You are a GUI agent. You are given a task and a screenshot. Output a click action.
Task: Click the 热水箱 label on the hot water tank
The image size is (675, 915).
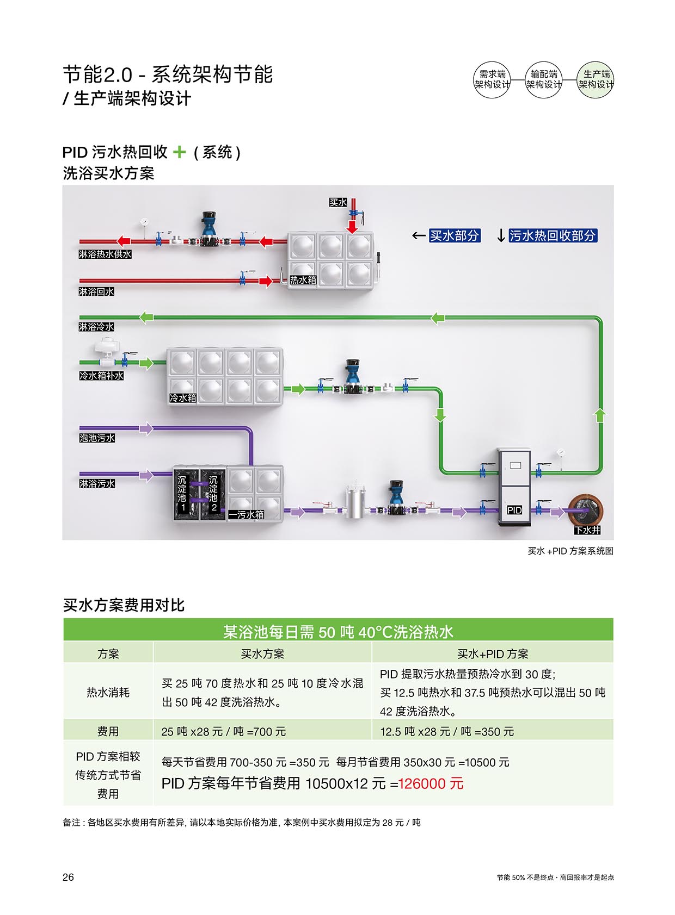click(303, 280)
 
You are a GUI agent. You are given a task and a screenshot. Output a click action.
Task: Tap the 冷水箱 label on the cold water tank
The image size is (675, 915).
click(182, 398)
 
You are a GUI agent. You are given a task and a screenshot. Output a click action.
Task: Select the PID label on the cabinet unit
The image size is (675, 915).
click(514, 510)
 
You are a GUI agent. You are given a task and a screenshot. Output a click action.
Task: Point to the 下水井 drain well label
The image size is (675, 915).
click(587, 530)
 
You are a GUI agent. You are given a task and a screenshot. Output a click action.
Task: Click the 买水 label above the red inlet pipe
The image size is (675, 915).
click(337, 202)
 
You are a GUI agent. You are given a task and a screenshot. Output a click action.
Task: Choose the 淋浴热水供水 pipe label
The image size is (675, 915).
click(105, 254)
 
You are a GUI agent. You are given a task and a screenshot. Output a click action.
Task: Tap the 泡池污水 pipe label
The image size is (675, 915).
click(97, 438)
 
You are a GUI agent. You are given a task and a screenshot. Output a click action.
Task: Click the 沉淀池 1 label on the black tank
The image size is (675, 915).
click(182, 494)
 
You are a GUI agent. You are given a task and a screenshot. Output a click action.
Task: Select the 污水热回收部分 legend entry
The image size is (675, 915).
click(553, 235)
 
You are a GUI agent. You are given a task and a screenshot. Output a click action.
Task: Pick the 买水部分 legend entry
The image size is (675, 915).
click(455, 235)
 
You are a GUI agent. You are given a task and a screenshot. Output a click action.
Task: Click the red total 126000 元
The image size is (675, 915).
click(431, 783)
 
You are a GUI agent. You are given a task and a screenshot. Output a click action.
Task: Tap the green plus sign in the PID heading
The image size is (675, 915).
click(179, 152)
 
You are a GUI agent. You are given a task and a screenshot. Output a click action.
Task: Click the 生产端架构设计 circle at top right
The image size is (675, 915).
click(596, 79)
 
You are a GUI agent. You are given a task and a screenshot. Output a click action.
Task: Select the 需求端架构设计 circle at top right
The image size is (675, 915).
click(492, 79)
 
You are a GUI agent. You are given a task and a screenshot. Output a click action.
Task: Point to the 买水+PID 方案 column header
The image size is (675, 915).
click(492, 653)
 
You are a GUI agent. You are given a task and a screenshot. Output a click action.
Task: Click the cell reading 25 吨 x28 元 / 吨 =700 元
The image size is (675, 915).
click(223, 731)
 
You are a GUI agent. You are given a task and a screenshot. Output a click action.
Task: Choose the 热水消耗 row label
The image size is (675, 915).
click(108, 692)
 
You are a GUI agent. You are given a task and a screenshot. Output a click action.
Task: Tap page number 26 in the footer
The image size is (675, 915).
click(68, 877)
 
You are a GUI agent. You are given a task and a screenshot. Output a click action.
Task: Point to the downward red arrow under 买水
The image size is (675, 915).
click(353, 226)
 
